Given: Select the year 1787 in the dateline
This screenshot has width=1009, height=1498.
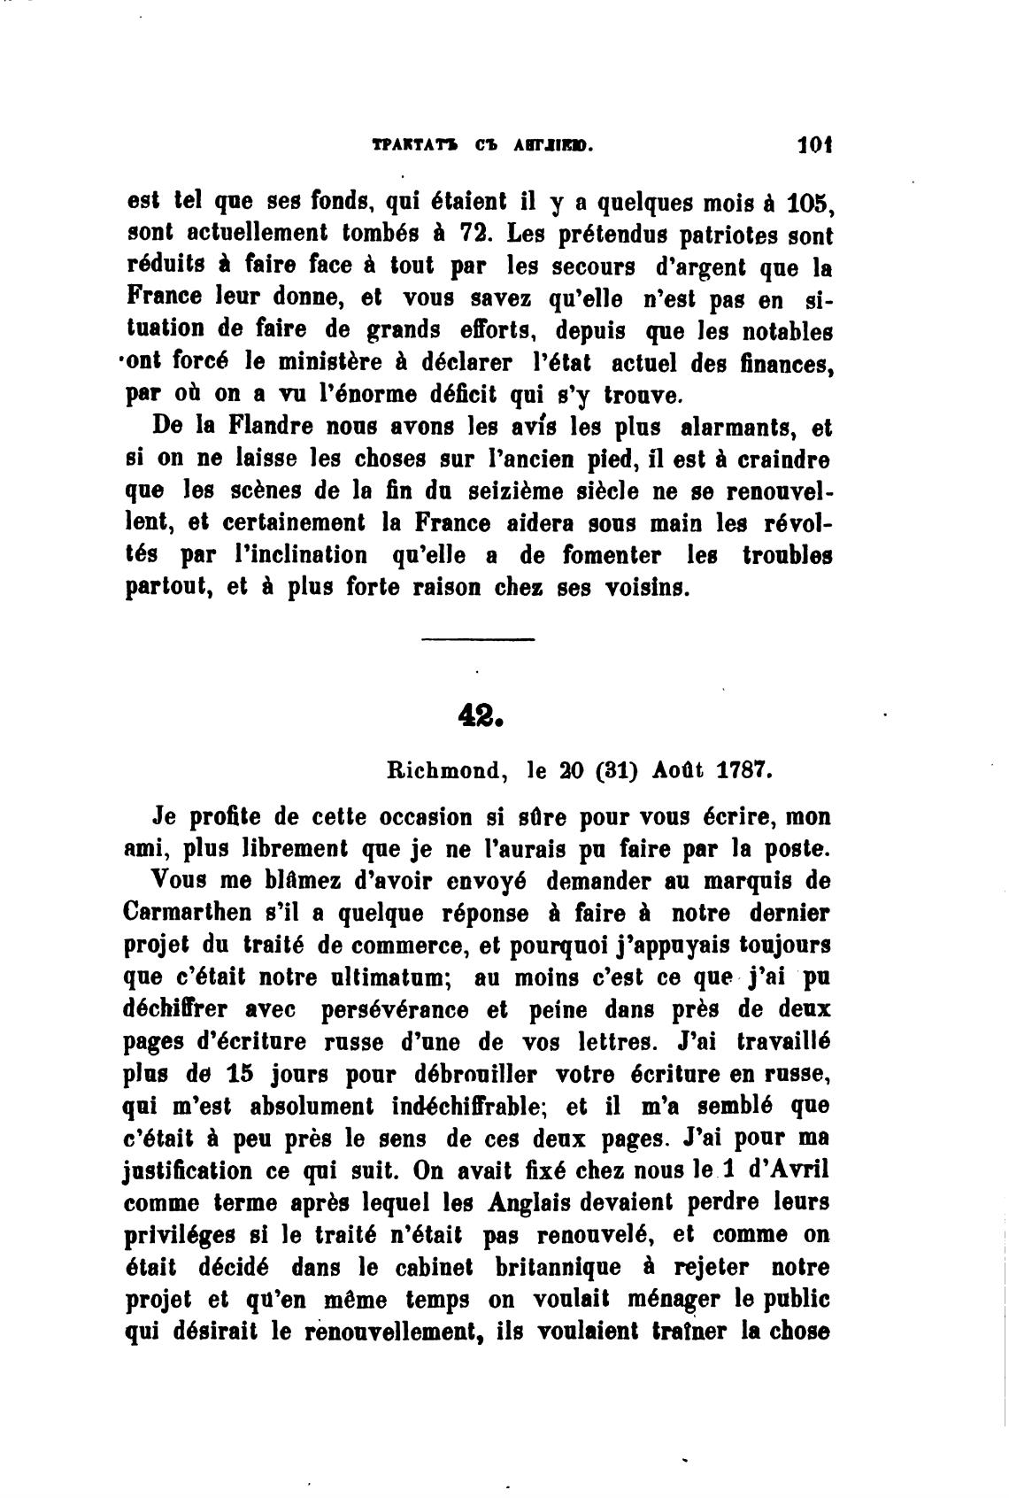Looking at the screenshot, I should pos(743,770).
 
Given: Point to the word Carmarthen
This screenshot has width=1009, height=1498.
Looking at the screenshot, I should pos(187,914).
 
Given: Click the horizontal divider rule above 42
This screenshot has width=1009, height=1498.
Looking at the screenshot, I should pos(479,639).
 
